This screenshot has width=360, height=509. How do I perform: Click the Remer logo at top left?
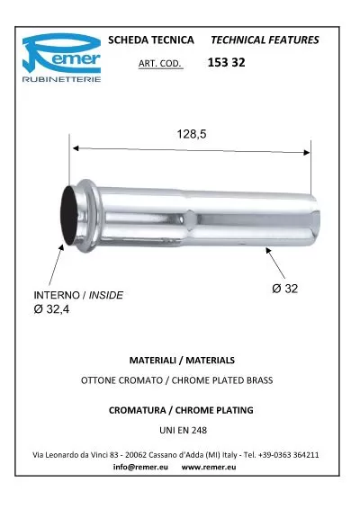point(60,59)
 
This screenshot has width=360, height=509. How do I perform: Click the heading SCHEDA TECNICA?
point(150,40)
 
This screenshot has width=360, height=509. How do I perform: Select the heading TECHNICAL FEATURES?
point(264,40)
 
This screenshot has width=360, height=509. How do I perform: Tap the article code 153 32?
point(226,63)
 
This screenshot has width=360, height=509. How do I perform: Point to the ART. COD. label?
point(161,65)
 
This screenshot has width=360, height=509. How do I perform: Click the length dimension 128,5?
point(191,134)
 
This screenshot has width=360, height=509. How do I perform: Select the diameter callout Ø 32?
point(284,288)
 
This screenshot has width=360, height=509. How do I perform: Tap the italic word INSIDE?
point(105,295)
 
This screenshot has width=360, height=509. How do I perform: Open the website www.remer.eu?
point(209,469)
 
